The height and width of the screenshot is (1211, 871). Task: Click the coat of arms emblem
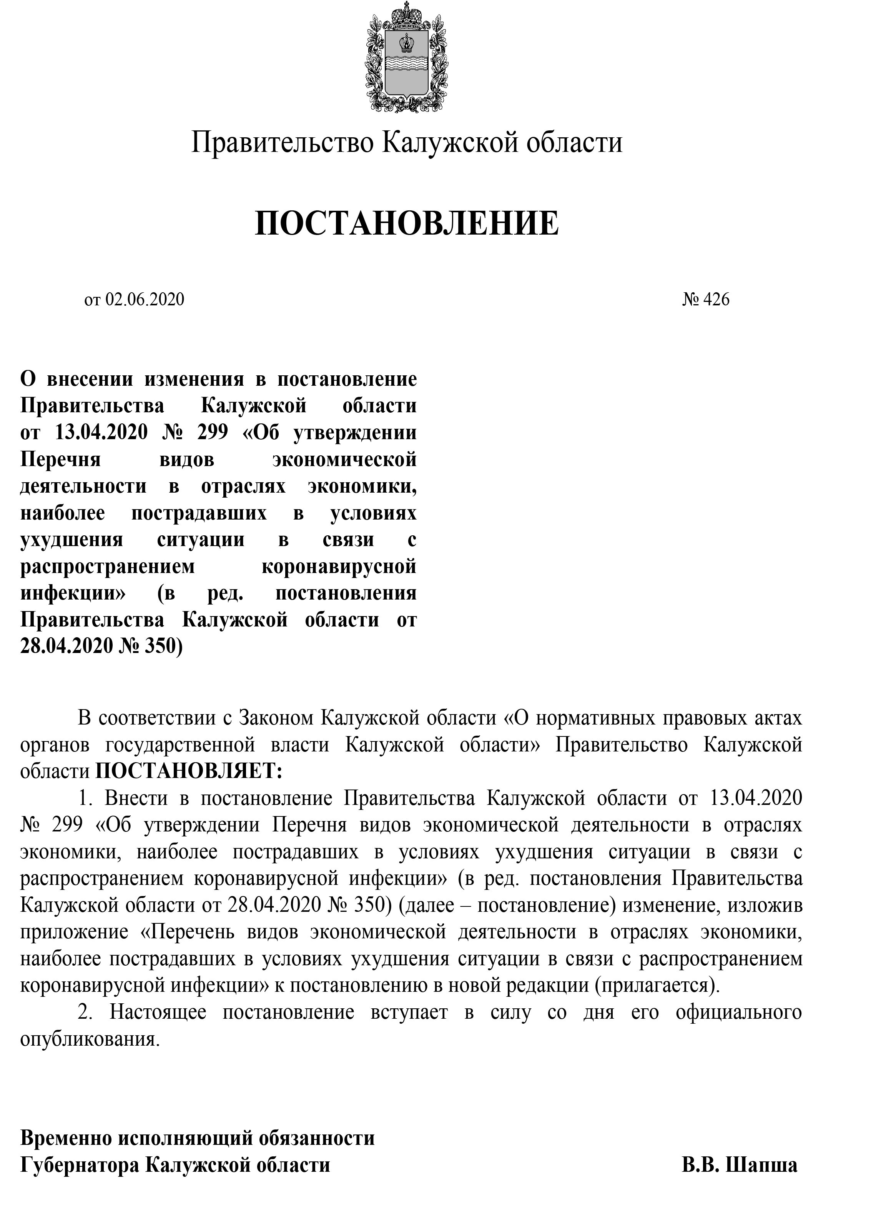pyautogui.click(x=407, y=57)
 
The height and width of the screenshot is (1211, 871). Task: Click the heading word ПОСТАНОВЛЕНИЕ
pyautogui.click(x=407, y=223)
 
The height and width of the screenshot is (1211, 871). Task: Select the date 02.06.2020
pyautogui.click(x=145, y=300)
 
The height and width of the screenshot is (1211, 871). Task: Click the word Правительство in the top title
pyautogui.click(x=283, y=143)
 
